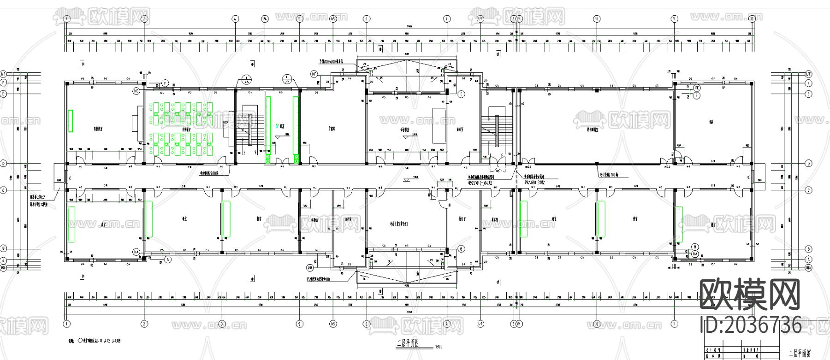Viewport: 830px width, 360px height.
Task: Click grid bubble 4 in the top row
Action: point(236,19)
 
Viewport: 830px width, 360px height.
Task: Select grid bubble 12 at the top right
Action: point(752,19)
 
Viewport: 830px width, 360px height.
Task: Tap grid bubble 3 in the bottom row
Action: point(222,324)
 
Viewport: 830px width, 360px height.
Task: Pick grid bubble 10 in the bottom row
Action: point(597,324)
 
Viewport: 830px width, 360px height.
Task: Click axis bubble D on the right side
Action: point(808,163)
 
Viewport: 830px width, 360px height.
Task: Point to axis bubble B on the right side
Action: point(808,248)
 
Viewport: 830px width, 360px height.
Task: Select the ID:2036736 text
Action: point(751,325)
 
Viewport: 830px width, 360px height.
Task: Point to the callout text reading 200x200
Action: point(335,61)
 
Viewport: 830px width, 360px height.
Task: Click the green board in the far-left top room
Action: point(71,121)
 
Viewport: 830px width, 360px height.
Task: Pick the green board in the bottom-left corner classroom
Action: point(71,224)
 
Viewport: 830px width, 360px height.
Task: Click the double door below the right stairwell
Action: point(498,161)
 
